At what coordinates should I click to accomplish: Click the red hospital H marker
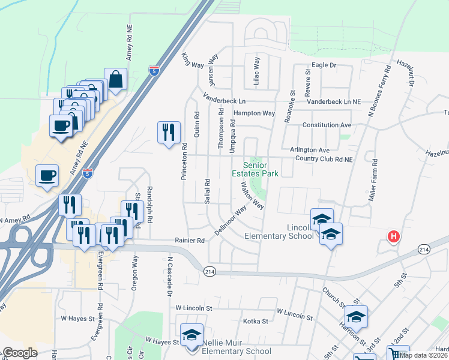point(394,237)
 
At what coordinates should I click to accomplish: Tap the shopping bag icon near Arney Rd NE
point(115,79)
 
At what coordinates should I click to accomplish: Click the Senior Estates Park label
point(261,169)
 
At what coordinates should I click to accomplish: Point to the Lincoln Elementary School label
point(279,231)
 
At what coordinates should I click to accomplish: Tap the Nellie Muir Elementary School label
point(237,351)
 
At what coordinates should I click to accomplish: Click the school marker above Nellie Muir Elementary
point(192,335)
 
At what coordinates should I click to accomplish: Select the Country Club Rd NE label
point(324,159)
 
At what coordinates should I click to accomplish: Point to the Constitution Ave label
point(327,125)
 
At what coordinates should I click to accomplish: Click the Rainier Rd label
point(190,240)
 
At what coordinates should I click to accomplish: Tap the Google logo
point(19,353)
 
